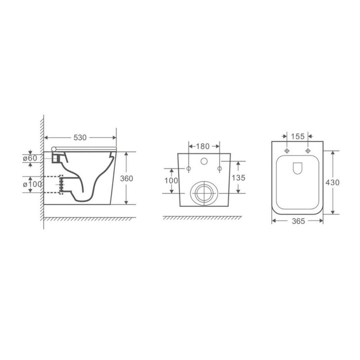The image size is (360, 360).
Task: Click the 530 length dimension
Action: pyautogui.click(x=80, y=138)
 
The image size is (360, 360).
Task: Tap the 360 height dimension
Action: pyautogui.click(x=126, y=178)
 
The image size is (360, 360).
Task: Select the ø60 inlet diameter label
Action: pyautogui.click(x=30, y=158)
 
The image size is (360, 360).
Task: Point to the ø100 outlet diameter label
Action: pyautogui.click(x=32, y=184)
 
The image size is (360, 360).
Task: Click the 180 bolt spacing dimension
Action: pyautogui.click(x=203, y=146)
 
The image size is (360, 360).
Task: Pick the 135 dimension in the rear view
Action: pyautogui.click(x=238, y=177)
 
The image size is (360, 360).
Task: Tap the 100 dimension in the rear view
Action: pyautogui.click(x=171, y=181)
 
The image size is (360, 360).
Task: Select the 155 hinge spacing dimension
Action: pyautogui.click(x=297, y=136)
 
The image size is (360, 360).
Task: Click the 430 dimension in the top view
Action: pyautogui.click(x=332, y=182)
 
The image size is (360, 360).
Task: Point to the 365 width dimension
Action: pyautogui.click(x=298, y=221)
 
